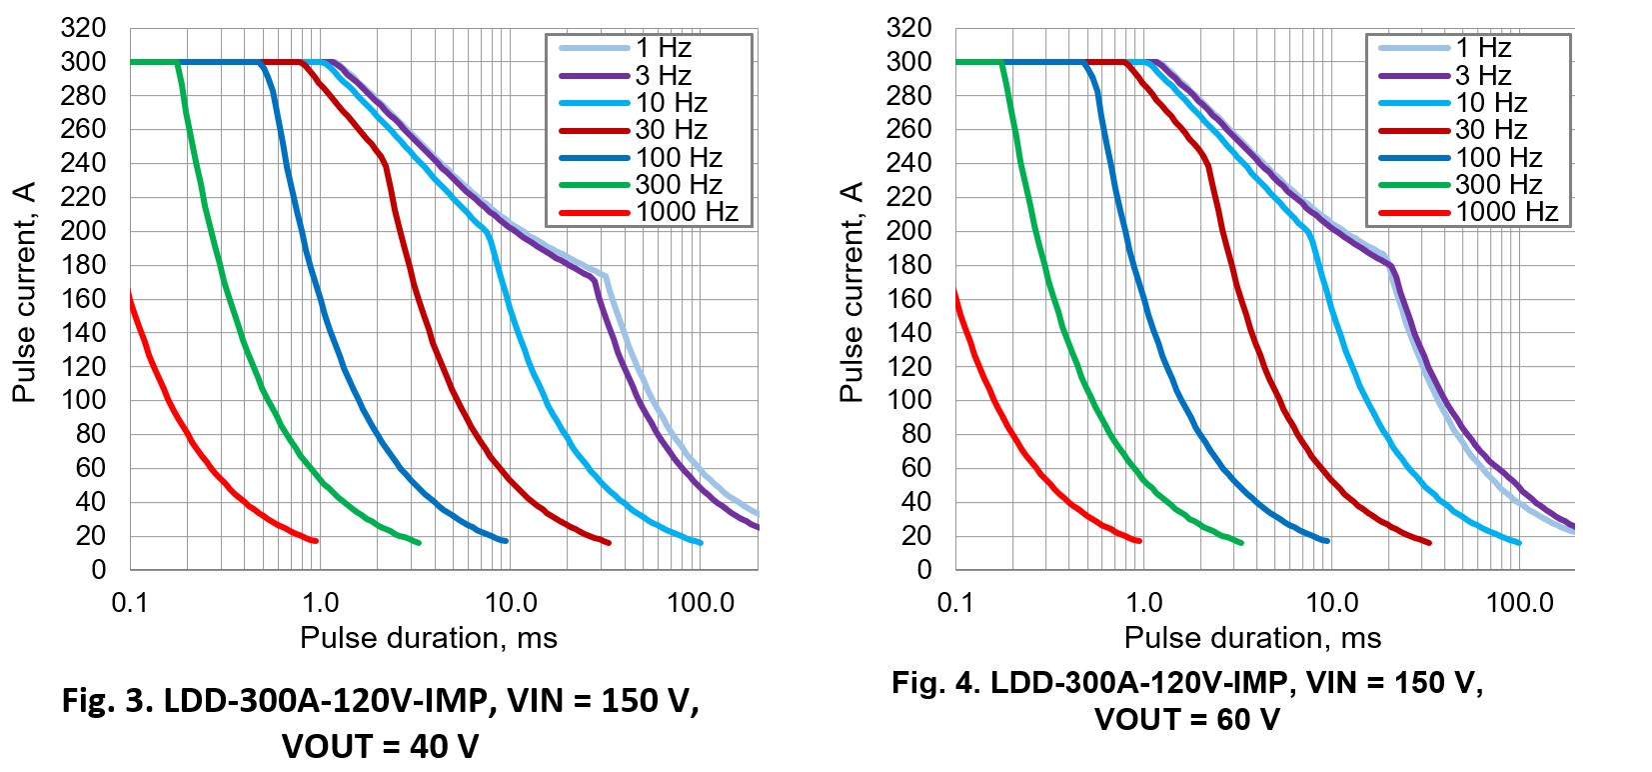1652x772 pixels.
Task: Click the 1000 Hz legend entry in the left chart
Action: pyautogui.click(x=687, y=212)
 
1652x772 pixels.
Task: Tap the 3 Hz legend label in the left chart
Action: pyautogui.click(x=664, y=75)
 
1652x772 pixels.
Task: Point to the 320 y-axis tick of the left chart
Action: pyautogui.click(x=83, y=28)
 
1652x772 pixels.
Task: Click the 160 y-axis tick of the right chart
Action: pyautogui.click(x=908, y=298)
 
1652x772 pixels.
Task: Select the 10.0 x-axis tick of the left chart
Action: pyautogui.click(x=511, y=603)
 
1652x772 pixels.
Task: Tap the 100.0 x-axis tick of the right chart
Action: pyautogui.click(x=1520, y=603)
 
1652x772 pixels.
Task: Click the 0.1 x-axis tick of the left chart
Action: pyautogui.click(x=129, y=603)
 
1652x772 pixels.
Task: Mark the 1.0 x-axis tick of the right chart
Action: pyautogui.click(x=1144, y=603)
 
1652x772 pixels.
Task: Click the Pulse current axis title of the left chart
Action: pyautogui.click(x=24, y=292)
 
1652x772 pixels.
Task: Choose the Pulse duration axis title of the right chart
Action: pyautogui.click(x=1252, y=638)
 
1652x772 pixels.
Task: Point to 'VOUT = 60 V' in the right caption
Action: pyautogui.click(x=1186, y=720)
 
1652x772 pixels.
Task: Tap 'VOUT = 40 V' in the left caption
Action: pyautogui.click(x=380, y=746)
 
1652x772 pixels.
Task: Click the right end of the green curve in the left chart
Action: pyautogui.click(x=418, y=542)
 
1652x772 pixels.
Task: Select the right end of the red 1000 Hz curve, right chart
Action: pyautogui.click(x=1138, y=541)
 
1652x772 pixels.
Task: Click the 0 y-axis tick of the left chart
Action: pyautogui.click(x=98, y=570)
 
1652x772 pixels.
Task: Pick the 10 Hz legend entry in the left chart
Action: pyautogui.click(x=671, y=103)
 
